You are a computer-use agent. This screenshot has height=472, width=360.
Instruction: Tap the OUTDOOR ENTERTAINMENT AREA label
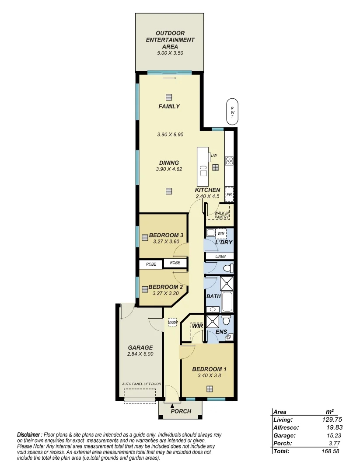click(170, 40)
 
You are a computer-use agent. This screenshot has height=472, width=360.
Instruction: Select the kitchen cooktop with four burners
click(229, 161)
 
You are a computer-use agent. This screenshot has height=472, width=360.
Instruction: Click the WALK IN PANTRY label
click(222, 215)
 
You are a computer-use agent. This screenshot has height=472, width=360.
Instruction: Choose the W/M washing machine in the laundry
click(221, 233)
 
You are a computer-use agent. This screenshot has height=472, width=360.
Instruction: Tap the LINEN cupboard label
click(220, 257)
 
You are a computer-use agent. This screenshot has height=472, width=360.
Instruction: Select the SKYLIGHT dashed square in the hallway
click(173, 323)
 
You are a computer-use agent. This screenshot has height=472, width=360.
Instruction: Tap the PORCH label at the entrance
click(181, 411)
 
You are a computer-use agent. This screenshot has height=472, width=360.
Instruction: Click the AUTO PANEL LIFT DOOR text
click(142, 384)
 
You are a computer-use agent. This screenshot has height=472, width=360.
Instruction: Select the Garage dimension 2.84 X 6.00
click(140, 354)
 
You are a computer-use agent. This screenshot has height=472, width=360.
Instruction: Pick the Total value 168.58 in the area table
click(330, 451)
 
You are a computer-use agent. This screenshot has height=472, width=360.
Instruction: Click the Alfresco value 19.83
click(332, 427)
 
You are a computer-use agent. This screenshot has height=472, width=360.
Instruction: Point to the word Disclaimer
click(28, 435)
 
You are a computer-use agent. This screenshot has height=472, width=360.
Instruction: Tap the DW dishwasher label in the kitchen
click(214, 155)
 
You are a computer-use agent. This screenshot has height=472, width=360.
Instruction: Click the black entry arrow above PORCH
click(171, 406)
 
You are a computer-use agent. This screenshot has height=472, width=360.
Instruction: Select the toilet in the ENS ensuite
click(226, 320)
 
